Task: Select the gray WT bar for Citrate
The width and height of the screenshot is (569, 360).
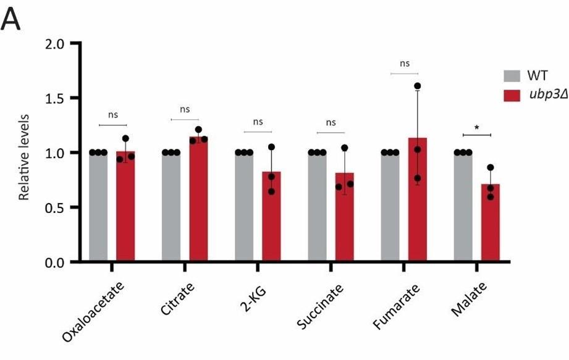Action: [x=171, y=207]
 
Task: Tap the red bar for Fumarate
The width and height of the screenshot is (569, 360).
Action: [x=417, y=204]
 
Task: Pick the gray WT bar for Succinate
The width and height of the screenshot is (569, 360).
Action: [x=317, y=207]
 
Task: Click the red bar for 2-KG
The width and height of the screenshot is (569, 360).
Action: [x=271, y=219]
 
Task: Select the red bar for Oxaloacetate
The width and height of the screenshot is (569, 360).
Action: [x=125, y=207]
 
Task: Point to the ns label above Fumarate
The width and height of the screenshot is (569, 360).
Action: [x=405, y=63]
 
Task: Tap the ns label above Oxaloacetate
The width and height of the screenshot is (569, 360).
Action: [x=112, y=114]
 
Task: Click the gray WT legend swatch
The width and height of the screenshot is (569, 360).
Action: [x=512, y=76]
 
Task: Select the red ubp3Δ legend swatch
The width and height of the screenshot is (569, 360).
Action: [x=512, y=96]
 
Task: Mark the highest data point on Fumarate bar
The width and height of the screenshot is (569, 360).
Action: [x=417, y=86]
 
